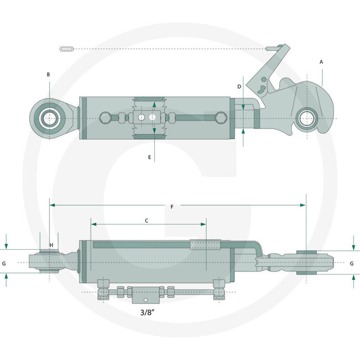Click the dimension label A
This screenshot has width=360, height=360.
[321, 62]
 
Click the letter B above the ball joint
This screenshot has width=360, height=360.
[49, 74]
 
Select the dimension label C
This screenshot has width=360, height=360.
[147, 220]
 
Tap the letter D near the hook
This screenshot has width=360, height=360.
[239, 86]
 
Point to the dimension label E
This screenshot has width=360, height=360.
[150, 157]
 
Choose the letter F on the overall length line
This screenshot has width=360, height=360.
[172, 207]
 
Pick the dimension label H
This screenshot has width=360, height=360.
[51, 245]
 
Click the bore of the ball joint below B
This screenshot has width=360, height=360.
[49, 119]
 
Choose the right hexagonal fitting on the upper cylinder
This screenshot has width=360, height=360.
[220, 117]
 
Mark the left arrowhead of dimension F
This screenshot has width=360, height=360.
[52, 205]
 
